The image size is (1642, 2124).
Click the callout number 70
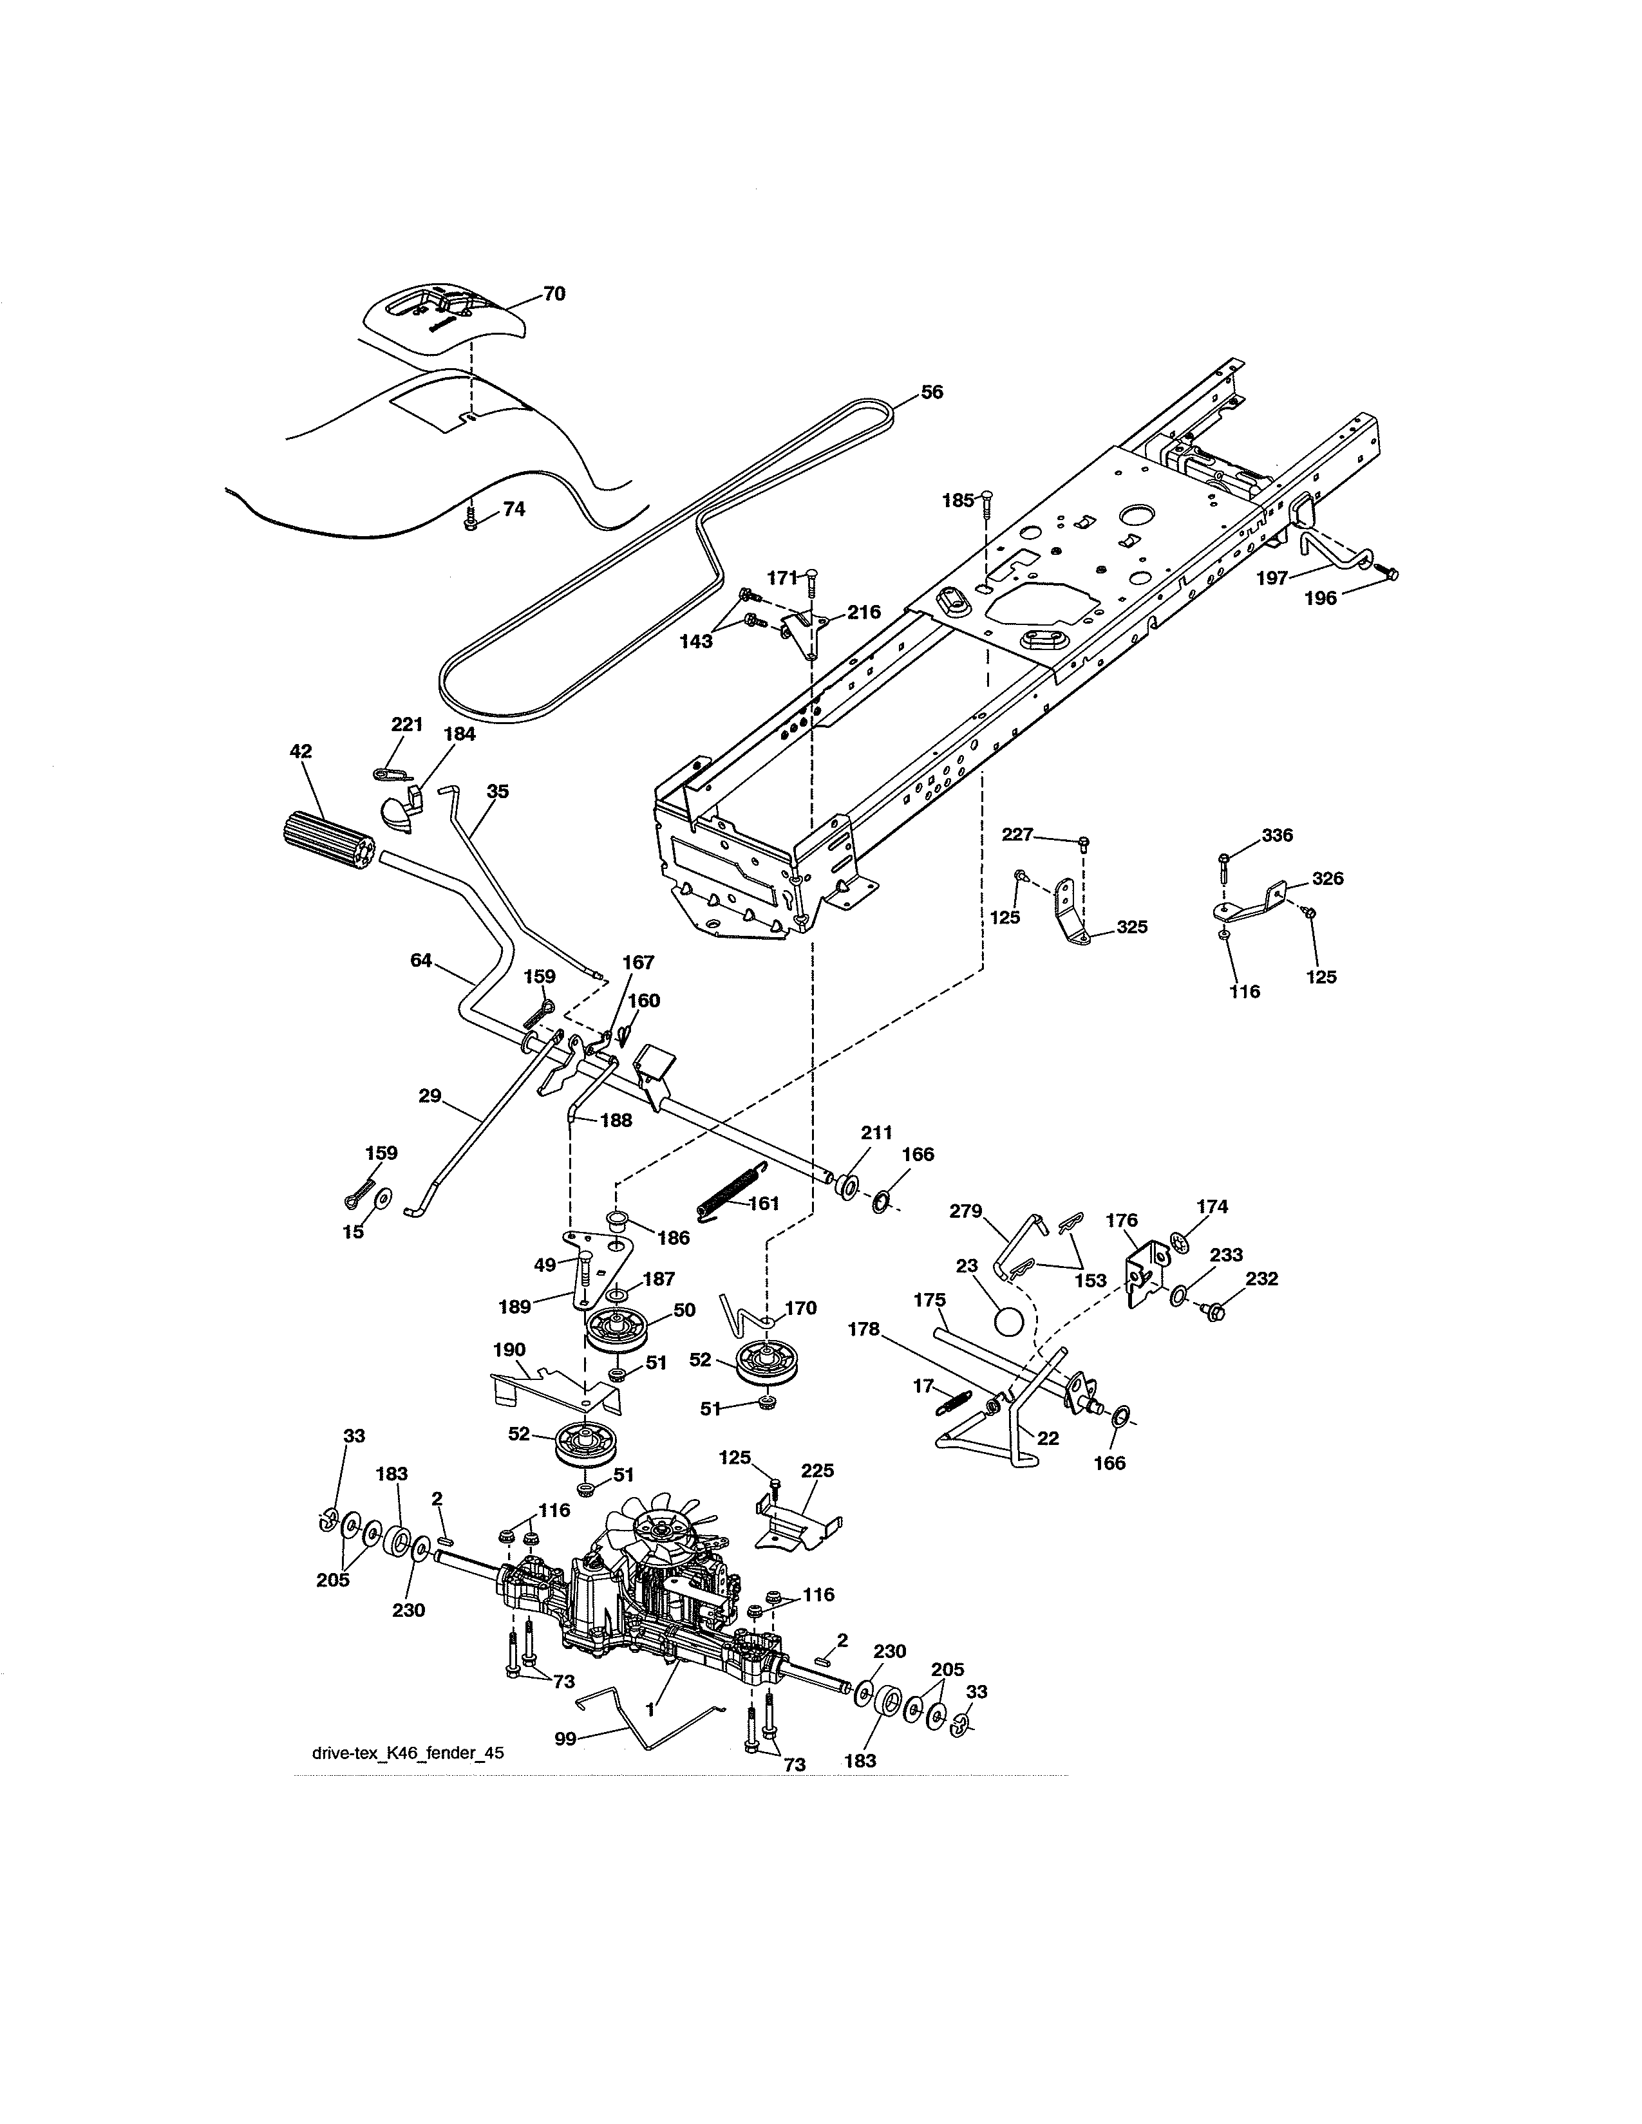tap(554, 293)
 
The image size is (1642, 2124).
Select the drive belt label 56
tap(931, 392)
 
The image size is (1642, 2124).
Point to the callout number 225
tap(817, 1471)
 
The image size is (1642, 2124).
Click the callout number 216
tap(863, 611)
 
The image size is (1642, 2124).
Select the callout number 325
tap(1131, 927)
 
